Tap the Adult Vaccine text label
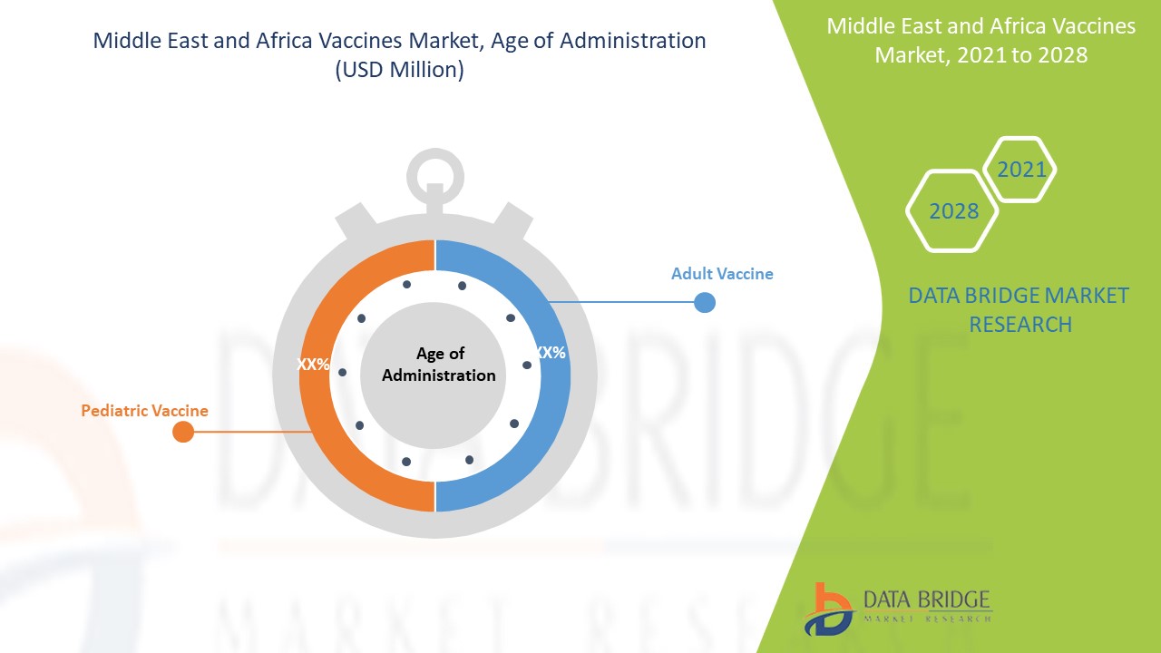coord(722,274)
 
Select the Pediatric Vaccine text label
coord(144,411)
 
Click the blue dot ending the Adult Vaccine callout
coord(705,302)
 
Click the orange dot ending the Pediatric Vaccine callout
coord(183,431)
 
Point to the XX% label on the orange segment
coord(313,365)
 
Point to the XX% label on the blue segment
coord(551,353)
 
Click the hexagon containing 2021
coord(1020,170)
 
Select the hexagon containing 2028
coord(952,211)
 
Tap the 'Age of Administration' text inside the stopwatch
coord(438,365)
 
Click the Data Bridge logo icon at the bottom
coord(829,610)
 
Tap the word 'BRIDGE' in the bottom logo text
coord(959,599)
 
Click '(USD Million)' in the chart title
coord(400,70)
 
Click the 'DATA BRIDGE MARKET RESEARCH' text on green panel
coord(1019,310)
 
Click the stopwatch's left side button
coord(356,220)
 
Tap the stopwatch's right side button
coord(513,220)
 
